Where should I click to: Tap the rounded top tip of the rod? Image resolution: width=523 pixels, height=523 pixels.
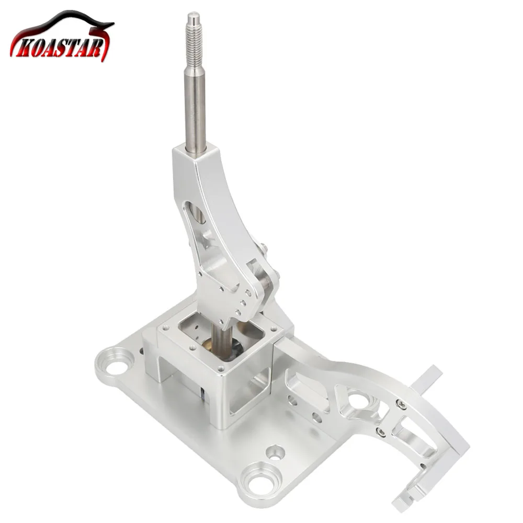tap(194, 16)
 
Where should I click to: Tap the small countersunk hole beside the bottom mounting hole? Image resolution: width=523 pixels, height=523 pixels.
tap(275, 452)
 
